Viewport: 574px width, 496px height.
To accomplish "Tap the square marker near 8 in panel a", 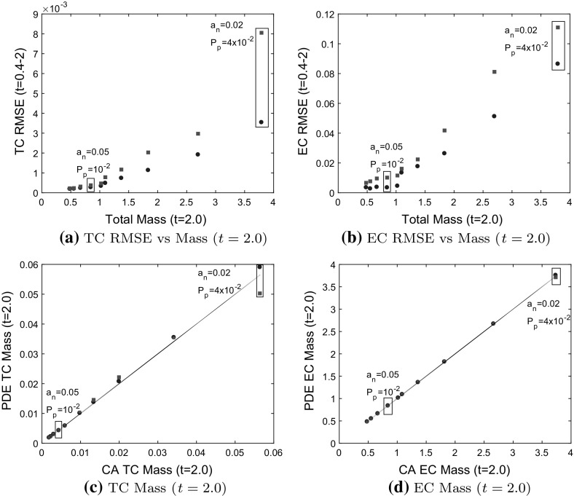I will [262, 33].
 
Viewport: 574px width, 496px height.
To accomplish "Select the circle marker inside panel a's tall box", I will [262, 122].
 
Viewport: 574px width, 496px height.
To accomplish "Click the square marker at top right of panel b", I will [557, 28].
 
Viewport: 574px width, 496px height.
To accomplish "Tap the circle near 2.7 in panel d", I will [493, 323].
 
